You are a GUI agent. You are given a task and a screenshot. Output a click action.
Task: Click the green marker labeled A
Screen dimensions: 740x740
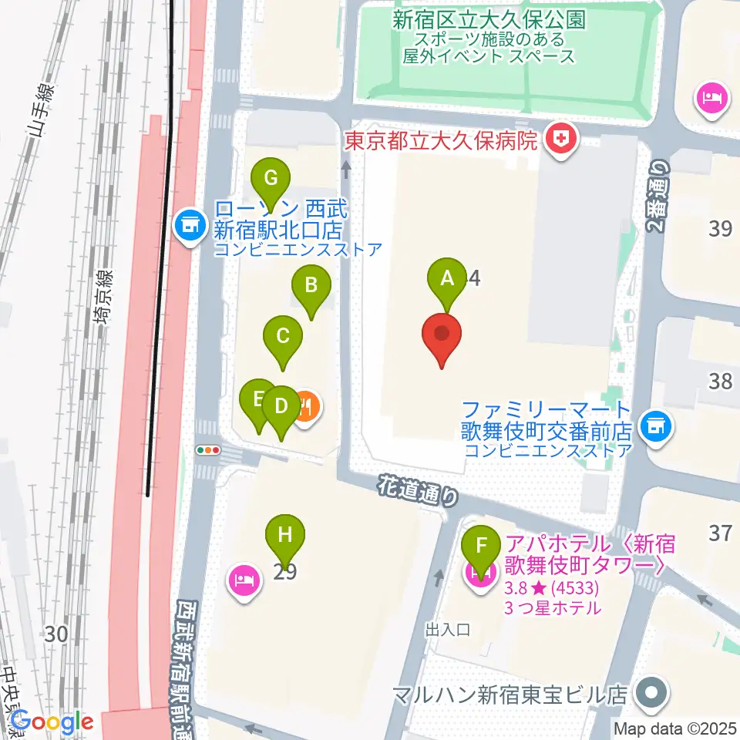click(447, 279)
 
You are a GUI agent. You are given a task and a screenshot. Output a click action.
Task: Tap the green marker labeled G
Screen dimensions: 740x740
click(271, 179)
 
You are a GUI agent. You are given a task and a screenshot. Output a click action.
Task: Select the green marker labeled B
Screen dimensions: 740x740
click(311, 285)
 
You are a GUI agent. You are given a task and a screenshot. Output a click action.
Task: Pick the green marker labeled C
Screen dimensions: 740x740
click(283, 336)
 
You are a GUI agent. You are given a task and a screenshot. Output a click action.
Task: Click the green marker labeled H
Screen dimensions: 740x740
click(285, 533)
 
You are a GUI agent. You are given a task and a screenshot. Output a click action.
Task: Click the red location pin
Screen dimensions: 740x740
click(442, 336)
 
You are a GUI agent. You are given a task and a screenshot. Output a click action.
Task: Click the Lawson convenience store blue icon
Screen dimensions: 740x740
click(187, 225)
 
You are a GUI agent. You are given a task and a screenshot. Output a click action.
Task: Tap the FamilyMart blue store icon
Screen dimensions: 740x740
click(655, 423)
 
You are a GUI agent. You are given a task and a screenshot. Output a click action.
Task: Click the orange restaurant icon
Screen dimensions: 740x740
click(305, 406)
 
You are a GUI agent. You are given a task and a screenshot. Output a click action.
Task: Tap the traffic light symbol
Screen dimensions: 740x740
click(209, 450)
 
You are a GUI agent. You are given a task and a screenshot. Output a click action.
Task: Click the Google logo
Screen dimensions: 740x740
click(52, 722)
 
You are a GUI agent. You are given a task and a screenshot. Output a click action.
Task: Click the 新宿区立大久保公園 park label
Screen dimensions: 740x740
click(489, 20)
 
